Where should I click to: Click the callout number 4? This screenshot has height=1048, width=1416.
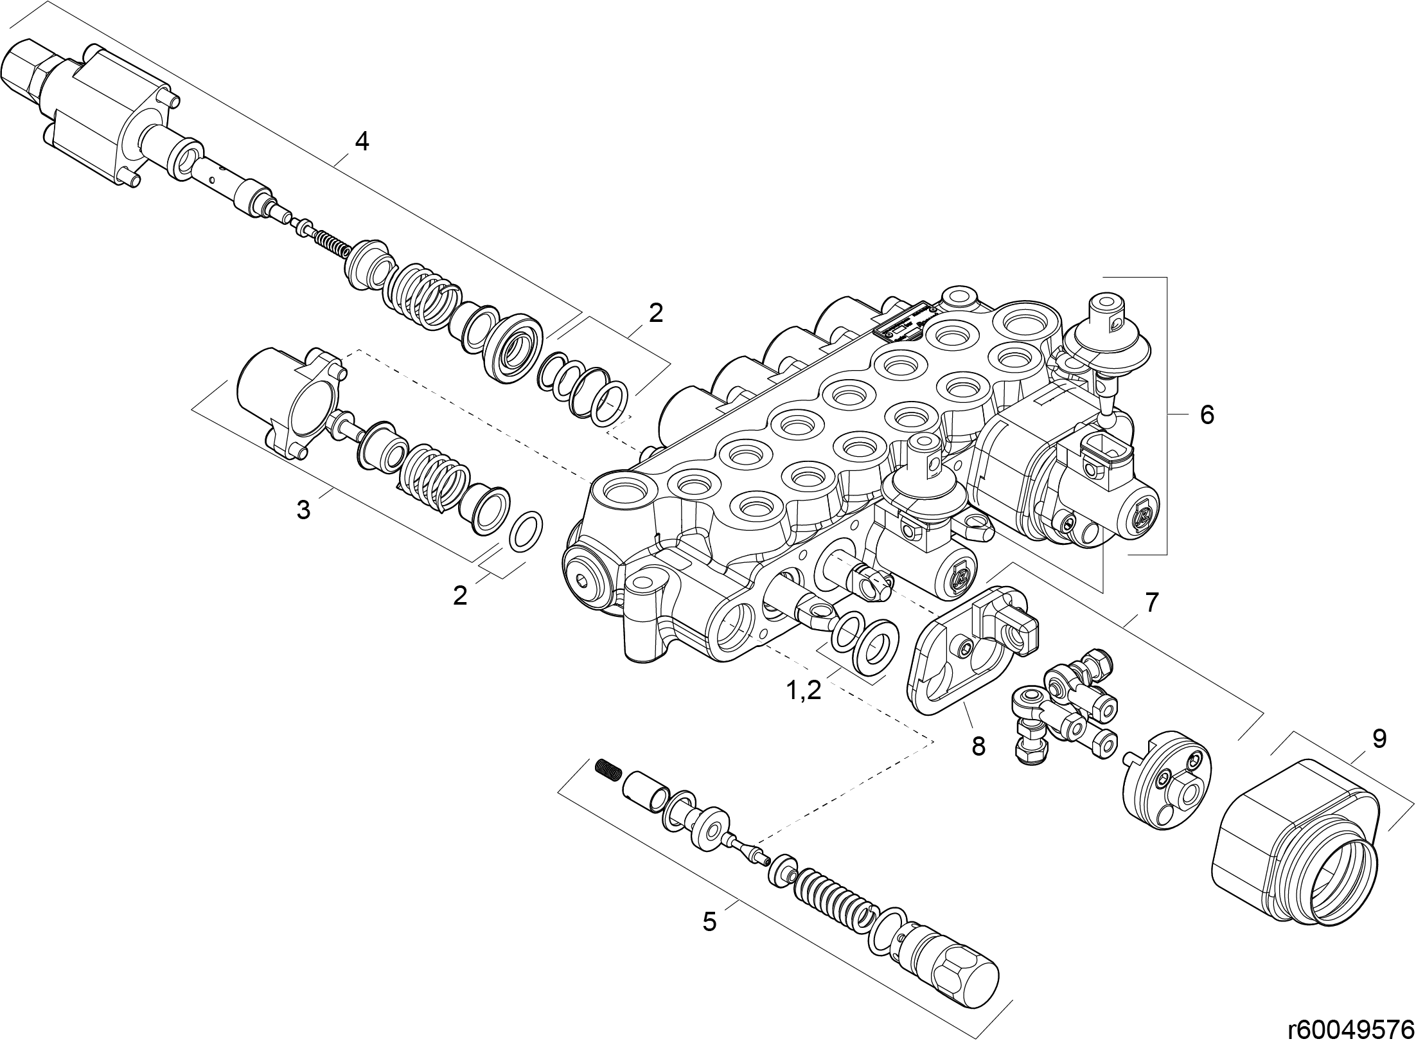tap(362, 141)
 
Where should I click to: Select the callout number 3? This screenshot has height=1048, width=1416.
tap(303, 510)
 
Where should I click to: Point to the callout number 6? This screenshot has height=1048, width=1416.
tap(1207, 415)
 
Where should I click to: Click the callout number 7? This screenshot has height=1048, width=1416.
tap(1151, 603)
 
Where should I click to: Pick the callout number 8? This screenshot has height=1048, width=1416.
tap(978, 746)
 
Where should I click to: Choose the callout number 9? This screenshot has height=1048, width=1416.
tap(1379, 738)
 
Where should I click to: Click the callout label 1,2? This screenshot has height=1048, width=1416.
tap(804, 691)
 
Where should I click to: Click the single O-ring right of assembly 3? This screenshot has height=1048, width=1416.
tap(526, 531)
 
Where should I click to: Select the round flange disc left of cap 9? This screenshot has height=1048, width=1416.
tap(1166, 779)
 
